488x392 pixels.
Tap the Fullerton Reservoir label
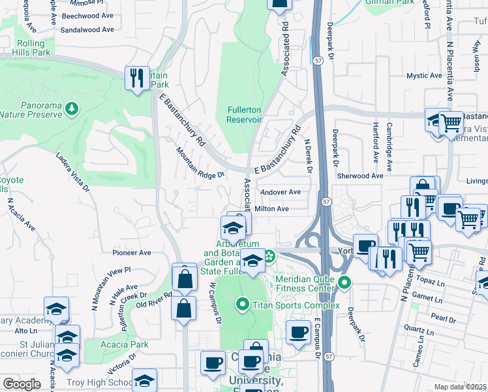[x=244, y=114]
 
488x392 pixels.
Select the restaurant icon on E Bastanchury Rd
[x=137, y=78]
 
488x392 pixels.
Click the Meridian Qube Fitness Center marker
[x=345, y=283]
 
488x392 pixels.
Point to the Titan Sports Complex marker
[x=243, y=304]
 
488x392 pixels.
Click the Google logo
[x=22, y=384]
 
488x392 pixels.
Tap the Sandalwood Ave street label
[x=88, y=30]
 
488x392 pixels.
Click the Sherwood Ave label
[x=359, y=176]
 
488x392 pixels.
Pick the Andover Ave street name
[x=280, y=192]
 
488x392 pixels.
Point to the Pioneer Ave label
[x=131, y=253]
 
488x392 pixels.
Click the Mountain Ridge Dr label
[x=200, y=163]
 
